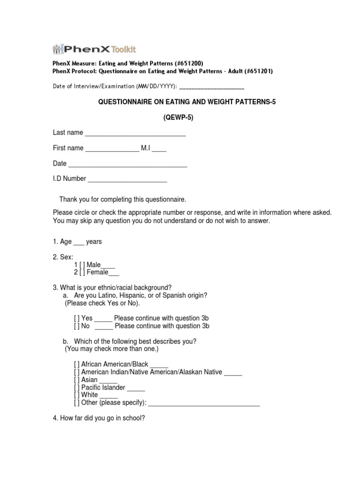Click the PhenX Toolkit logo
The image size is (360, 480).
[94, 49]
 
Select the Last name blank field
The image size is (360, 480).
[135, 134]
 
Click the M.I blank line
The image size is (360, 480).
[159, 149]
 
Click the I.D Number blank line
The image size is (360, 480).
[127, 179]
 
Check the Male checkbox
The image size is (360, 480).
[82, 265]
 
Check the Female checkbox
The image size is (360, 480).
[82, 272]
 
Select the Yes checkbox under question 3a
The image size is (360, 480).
[77, 318]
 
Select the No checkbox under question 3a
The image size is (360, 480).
[77, 326]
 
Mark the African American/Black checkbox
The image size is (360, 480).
[77, 364]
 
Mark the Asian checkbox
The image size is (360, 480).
[77, 380]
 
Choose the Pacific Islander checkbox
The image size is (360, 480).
[77, 388]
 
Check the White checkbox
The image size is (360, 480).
[77, 395]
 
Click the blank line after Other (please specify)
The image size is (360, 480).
[204, 403]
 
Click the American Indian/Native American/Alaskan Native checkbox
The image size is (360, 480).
[77, 372]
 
